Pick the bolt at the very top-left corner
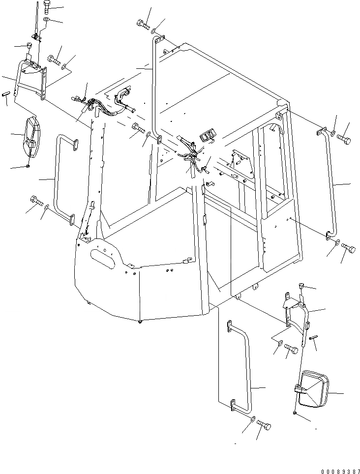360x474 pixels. click(46, 7)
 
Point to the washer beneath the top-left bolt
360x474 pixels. click(46, 20)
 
